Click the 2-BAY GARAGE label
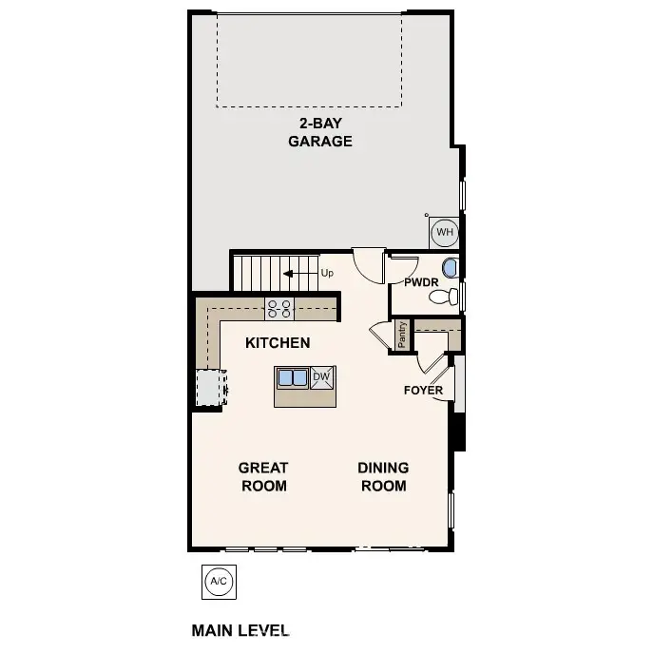click(x=320, y=132)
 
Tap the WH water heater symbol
click(x=444, y=231)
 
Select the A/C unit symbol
click(x=218, y=582)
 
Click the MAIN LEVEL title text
click(x=240, y=630)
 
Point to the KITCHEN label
click(x=278, y=342)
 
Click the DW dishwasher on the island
click(x=320, y=377)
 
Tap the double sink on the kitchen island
click(x=292, y=378)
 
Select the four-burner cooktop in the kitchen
click(x=279, y=308)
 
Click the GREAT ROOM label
click(x=263, y=476)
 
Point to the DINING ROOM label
click(x=383, y=476)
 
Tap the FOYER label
click(x=423, y=391)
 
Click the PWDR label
click(x=420, y=282)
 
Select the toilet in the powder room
click(x=442, y=298)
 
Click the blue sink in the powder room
click(x=450, y=268)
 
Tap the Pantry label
click(x=403, y=336)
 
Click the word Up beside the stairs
click(x=327, y=273)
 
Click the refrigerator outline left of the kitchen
click(x=208, y=387)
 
